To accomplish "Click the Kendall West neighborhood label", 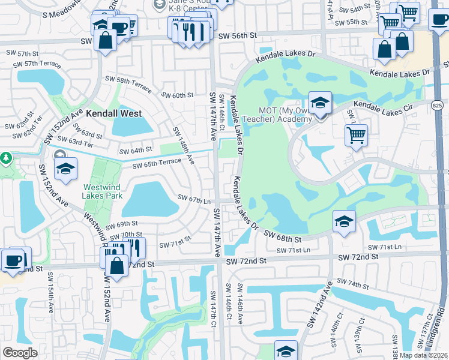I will tap(114, 113).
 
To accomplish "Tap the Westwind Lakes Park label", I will tap(103, 191).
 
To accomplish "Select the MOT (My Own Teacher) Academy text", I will tap(285, 115).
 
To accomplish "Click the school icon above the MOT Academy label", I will tap(320, 103).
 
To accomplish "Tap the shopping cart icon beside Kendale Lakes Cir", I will tap(356, 135).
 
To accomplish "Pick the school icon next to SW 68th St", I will tap(344, 221).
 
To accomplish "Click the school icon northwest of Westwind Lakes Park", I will tap(66, 169).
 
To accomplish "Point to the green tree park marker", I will tap(6, 158).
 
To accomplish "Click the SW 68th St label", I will tap(283, 235).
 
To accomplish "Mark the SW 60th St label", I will tap(178, 95).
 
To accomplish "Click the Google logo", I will tap(20, 353).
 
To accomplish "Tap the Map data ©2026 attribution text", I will tap(423, 355).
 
